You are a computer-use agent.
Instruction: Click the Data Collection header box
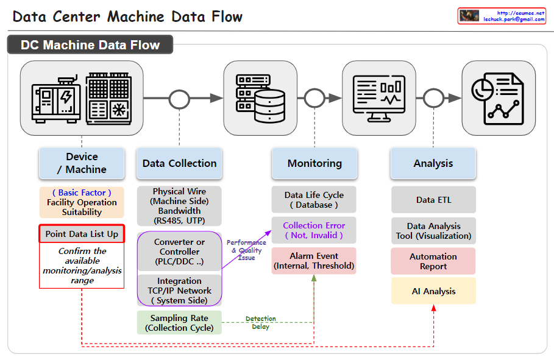(x=179, y=163)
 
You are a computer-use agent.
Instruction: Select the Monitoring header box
(x=314, y=163)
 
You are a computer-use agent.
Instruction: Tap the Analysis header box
(x=433, y=163)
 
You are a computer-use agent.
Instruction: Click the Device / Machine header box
(x=82, y=163)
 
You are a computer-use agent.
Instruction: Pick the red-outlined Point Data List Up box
(x=82, y=234)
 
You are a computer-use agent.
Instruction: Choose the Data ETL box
(x=433, y=200)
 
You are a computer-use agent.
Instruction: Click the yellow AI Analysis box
(x=433, y=291)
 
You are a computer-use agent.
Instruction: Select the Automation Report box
(x=433, y=261)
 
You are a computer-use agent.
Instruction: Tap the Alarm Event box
(x=314, y=261)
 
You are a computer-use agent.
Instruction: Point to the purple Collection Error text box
(x=314, y=230)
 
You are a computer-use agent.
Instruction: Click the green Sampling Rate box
(x=179, y=323)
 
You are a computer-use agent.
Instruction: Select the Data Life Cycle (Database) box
(x=314, y=200)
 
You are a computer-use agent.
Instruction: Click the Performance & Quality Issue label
(x=246, y=250)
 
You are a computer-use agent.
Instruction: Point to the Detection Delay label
(x=260, y=323)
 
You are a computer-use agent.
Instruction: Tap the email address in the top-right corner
(x=514, y=19)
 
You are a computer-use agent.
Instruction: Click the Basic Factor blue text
(x=82, y=192)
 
